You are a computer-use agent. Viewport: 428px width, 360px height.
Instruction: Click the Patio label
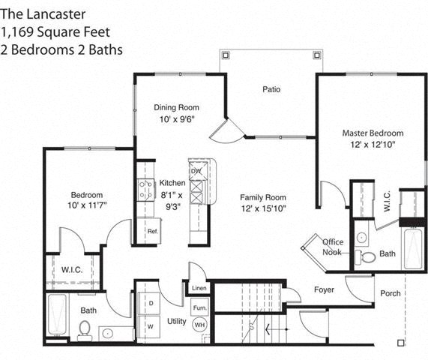[x=271, y=89]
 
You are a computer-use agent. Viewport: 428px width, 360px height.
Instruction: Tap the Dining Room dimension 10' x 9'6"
[x=177, y=119]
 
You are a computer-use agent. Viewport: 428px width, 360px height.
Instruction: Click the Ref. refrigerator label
[x=153, y=231]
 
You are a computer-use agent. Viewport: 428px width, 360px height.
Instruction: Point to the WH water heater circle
[x=200, y=325]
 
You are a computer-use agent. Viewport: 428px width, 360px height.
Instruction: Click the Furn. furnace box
[x=200, y=307]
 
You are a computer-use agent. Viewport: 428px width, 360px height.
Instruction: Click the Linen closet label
[x=199, y=288]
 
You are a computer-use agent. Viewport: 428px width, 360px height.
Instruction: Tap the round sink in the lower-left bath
[x=107, y=333]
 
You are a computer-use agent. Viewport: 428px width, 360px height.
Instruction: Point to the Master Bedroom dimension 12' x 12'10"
[x=373, y=145]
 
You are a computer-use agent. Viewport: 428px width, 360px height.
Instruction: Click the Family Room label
[x=263, y=197]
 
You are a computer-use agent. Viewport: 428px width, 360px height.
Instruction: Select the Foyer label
[x=324, y=289]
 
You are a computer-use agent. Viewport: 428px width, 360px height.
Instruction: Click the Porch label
[x=391, y=293]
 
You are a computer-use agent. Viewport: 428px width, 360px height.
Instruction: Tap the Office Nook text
[x=333, y=247]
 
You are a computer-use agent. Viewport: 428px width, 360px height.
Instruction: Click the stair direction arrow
[x=277, y=329]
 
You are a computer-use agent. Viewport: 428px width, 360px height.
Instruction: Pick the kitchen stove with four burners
[x=145, y=190]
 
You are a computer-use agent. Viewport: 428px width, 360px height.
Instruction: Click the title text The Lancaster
[x=43, y=14]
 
